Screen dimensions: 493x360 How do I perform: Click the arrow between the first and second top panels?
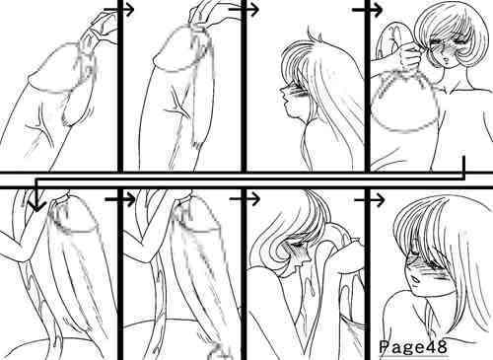[x=119, y=10]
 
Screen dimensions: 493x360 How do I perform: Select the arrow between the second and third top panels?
[x=244, y=10]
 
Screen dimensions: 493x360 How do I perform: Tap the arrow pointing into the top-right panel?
[x=367, y=10]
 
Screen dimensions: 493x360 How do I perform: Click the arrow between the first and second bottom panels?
[x=120, y=199]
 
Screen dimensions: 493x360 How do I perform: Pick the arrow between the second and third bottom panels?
[x=245, y=199]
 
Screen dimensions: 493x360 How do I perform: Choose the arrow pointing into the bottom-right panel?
[x=370, y=199]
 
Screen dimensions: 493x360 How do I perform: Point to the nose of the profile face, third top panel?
[x=283, y=89]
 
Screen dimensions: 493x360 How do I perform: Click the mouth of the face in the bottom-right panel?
[x=416, y=280]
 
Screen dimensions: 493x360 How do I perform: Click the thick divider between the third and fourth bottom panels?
[x=368, y=274]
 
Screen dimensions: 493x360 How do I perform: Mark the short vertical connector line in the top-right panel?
[x=463, y=164]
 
